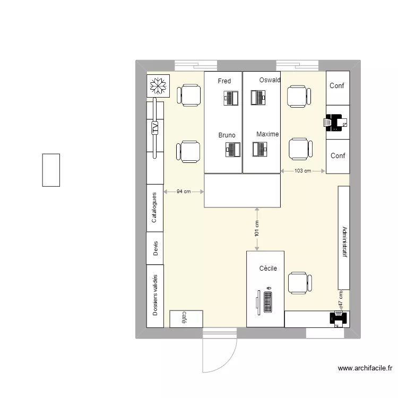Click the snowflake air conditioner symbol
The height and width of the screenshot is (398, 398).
coord(158,86)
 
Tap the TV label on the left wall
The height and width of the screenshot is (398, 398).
coord(155,127)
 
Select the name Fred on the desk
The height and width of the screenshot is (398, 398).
coord(224,81)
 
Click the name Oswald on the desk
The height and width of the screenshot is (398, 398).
coord(270,80)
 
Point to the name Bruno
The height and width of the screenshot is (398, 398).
coord(227,135)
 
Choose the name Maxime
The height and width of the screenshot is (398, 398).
coord(267,134)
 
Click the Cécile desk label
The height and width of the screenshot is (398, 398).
coord(268,269)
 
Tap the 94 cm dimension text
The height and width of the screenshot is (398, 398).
coord(184,192)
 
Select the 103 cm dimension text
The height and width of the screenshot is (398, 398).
coord(302,171)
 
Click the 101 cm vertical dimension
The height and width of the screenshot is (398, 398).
coord(257,229)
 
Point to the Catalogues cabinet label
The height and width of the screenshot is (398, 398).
coord(154,207)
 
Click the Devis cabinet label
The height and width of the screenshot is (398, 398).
coord(155,248)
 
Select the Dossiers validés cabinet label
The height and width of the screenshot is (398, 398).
coord(155,295)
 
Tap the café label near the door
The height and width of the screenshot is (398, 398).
coord(184,317)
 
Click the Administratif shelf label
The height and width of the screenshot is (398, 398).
coord(344,243)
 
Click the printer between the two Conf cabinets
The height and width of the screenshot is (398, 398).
coord(335,122)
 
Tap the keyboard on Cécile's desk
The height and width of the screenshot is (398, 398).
coord(267,302)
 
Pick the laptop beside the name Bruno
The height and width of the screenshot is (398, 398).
coord(232,150)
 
